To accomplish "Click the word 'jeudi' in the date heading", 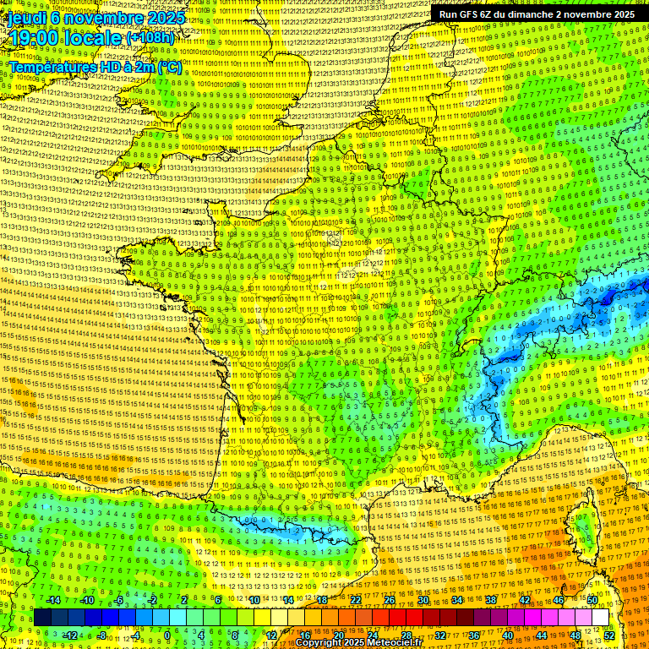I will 28,17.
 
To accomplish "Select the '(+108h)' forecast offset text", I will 150,38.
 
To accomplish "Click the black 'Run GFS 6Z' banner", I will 537,14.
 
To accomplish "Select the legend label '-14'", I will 53,600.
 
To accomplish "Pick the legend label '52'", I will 609,635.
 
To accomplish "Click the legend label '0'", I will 167,635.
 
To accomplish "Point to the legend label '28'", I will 406,635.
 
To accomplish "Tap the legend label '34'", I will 457,600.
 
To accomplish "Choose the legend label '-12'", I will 69,635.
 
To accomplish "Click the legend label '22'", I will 356,600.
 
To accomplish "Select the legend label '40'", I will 508,635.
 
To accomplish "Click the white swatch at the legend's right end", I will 600,618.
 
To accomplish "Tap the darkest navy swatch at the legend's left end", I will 42,618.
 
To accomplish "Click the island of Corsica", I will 582,528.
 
